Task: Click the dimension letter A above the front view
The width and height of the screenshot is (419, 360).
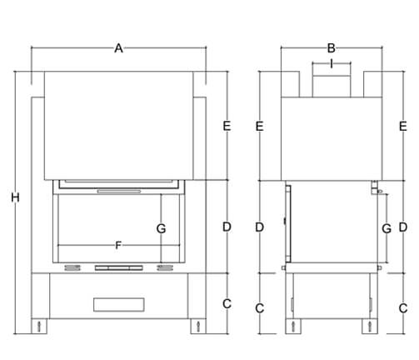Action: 118,48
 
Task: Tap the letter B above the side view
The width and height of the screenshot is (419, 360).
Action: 332,48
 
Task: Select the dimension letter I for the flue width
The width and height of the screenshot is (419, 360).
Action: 332,63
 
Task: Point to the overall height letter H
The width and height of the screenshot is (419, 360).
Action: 15,197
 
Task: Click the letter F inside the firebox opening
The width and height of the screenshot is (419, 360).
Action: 118,245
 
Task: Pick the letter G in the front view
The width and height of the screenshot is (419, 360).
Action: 161,228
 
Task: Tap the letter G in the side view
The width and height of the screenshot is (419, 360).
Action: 387,228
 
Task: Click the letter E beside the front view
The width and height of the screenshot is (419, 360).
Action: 227,126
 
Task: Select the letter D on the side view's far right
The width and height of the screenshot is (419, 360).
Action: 403,227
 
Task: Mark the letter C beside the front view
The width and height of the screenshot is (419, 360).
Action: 227,303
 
